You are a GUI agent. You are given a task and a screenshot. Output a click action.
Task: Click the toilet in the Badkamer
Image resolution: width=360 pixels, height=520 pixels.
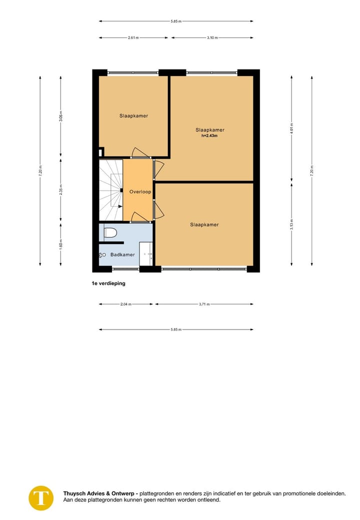(x=110, y=232)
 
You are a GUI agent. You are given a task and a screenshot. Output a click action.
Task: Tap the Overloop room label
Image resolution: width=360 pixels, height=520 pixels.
(x=140, y=191)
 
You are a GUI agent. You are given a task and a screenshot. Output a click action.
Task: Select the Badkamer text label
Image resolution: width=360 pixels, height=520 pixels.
(x=122, y=254)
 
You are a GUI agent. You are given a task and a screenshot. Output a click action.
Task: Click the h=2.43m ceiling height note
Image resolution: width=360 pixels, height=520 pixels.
(x=209, y=135)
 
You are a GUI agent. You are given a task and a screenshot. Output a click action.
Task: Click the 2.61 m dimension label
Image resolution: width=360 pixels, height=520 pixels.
(x=133, y=38)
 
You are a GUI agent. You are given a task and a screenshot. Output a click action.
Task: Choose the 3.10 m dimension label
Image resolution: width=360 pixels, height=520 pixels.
(x=212, y=38)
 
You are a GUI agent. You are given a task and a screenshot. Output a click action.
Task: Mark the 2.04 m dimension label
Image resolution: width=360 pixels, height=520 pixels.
(x=126, y=304)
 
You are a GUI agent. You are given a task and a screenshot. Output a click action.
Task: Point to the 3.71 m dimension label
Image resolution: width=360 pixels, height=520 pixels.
(x=204, y=304)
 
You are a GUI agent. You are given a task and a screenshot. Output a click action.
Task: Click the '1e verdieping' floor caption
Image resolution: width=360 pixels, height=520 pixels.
(x=108, y=283)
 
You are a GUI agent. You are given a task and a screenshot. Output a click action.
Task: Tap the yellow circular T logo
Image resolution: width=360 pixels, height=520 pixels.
(x=41, y=497)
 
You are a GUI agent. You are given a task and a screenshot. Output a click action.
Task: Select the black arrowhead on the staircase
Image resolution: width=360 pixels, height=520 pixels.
(x=121, y=190)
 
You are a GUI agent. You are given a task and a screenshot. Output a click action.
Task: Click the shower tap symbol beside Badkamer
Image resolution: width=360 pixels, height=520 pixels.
(x=102, y=255)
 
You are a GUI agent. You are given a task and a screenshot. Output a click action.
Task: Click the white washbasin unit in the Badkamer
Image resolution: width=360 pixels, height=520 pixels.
(x=146, y=253)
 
